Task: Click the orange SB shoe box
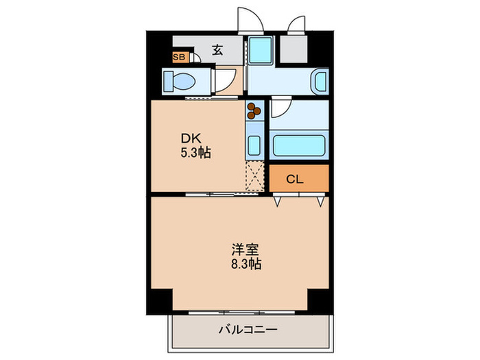point(178,58)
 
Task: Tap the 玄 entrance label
point(217,49)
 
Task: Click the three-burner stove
point(254,109)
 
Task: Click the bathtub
point(299,147)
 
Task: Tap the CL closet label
point(295,180)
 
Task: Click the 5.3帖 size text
point(196,153)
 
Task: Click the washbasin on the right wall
point(320,82)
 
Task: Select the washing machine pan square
point(261,49)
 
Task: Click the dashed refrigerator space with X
point(255,175)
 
